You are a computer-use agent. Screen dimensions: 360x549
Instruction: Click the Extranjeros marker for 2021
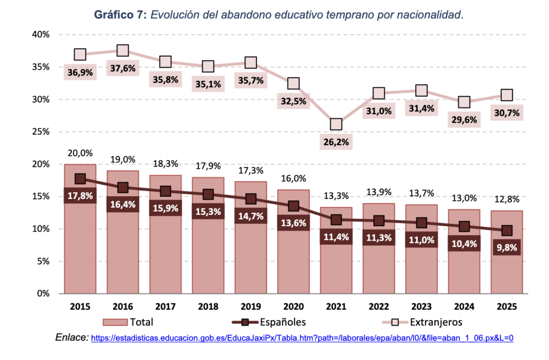(x=336, y=124)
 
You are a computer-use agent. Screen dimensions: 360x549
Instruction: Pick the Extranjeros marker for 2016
(x=123, y=50)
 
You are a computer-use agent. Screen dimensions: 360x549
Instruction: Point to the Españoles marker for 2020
(x=293, y=206)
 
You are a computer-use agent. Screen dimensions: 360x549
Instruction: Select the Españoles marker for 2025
(x=507, y=230)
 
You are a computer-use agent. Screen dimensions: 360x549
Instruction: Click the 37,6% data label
(x=123, y=68)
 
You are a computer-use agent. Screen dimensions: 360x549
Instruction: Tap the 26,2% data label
(x=336, y=142)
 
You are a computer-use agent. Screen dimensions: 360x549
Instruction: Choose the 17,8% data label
(x=80, y=196)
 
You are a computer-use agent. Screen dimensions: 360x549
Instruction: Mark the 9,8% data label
(x=507, y=248)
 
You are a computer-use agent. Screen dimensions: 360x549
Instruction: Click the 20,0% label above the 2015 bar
(x=80, y=154)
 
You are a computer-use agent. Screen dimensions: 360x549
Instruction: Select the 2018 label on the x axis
(x=208, y=306)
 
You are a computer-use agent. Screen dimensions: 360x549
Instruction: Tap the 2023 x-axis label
(x=421, y=306)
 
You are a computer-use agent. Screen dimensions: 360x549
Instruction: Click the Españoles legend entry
(x=268, y=322)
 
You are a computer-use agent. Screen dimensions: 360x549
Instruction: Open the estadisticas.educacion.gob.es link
(x=302, y=339)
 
